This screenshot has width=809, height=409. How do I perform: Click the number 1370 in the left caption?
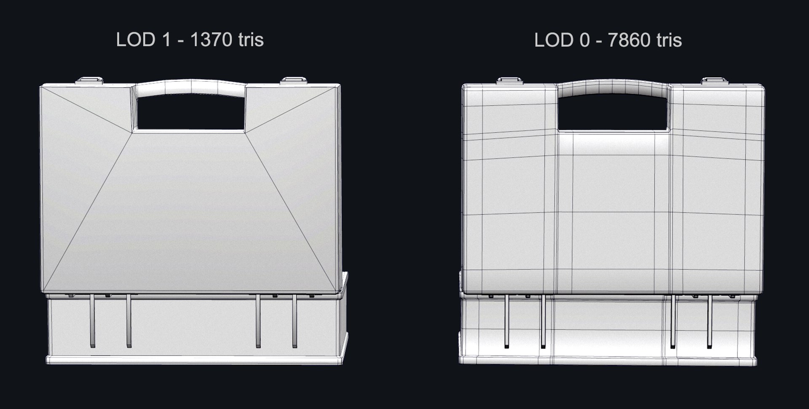pos(211,40)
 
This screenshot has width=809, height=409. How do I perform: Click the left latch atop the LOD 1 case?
pos(89,80)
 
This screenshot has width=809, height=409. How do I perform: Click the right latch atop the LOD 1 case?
pos(294,80)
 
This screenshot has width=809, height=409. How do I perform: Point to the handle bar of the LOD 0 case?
pos(613,86)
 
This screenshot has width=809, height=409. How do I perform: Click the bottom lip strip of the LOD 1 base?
pos(194,360)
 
